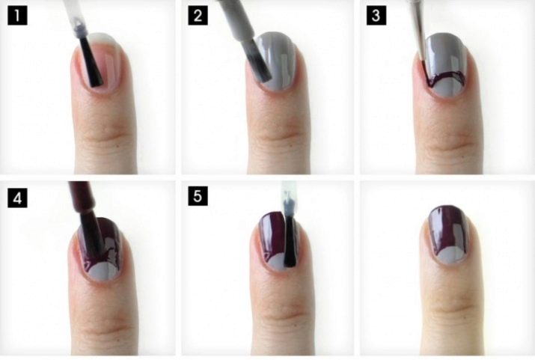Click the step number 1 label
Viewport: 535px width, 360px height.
click(x=17, y=16)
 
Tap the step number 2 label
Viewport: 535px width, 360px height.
click(x=198, y=16)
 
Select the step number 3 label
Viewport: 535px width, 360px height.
click(x=376, y=16)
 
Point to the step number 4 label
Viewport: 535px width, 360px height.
click(x=17, y=198)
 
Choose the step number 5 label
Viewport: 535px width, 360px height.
click(x=198, y=196)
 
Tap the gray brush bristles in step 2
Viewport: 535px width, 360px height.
click(x=257, y=61)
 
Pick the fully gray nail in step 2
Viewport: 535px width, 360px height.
click(x=275, y=61)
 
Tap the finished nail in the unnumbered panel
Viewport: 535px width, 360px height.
click(x=447, y=236)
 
